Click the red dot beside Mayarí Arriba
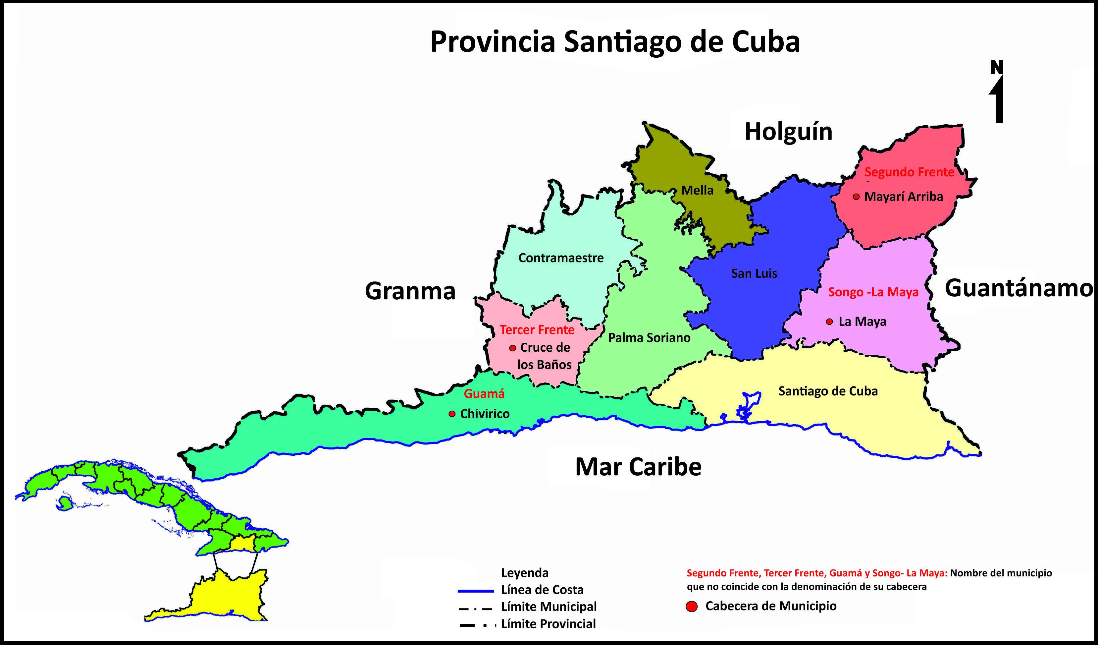[x=856, y=197]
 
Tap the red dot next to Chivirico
[x=452, y=414]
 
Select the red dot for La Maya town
[x=829, y=322]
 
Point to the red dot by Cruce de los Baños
[x=512, y=348]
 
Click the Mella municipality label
[x=697, y=190]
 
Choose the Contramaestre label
[x=560, y=258]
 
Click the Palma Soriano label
[x=649, y=338]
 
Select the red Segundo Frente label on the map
[x=909, y=172]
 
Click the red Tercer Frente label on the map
[x=537, y=330]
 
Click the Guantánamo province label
[x=1018, y=288]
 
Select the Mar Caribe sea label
[x=638, y=467]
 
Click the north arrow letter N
[x=997, y=68]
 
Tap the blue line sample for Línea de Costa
[x=475, y=591]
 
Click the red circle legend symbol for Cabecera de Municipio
[x=691, y=607]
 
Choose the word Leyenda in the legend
[x=525, y=572]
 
